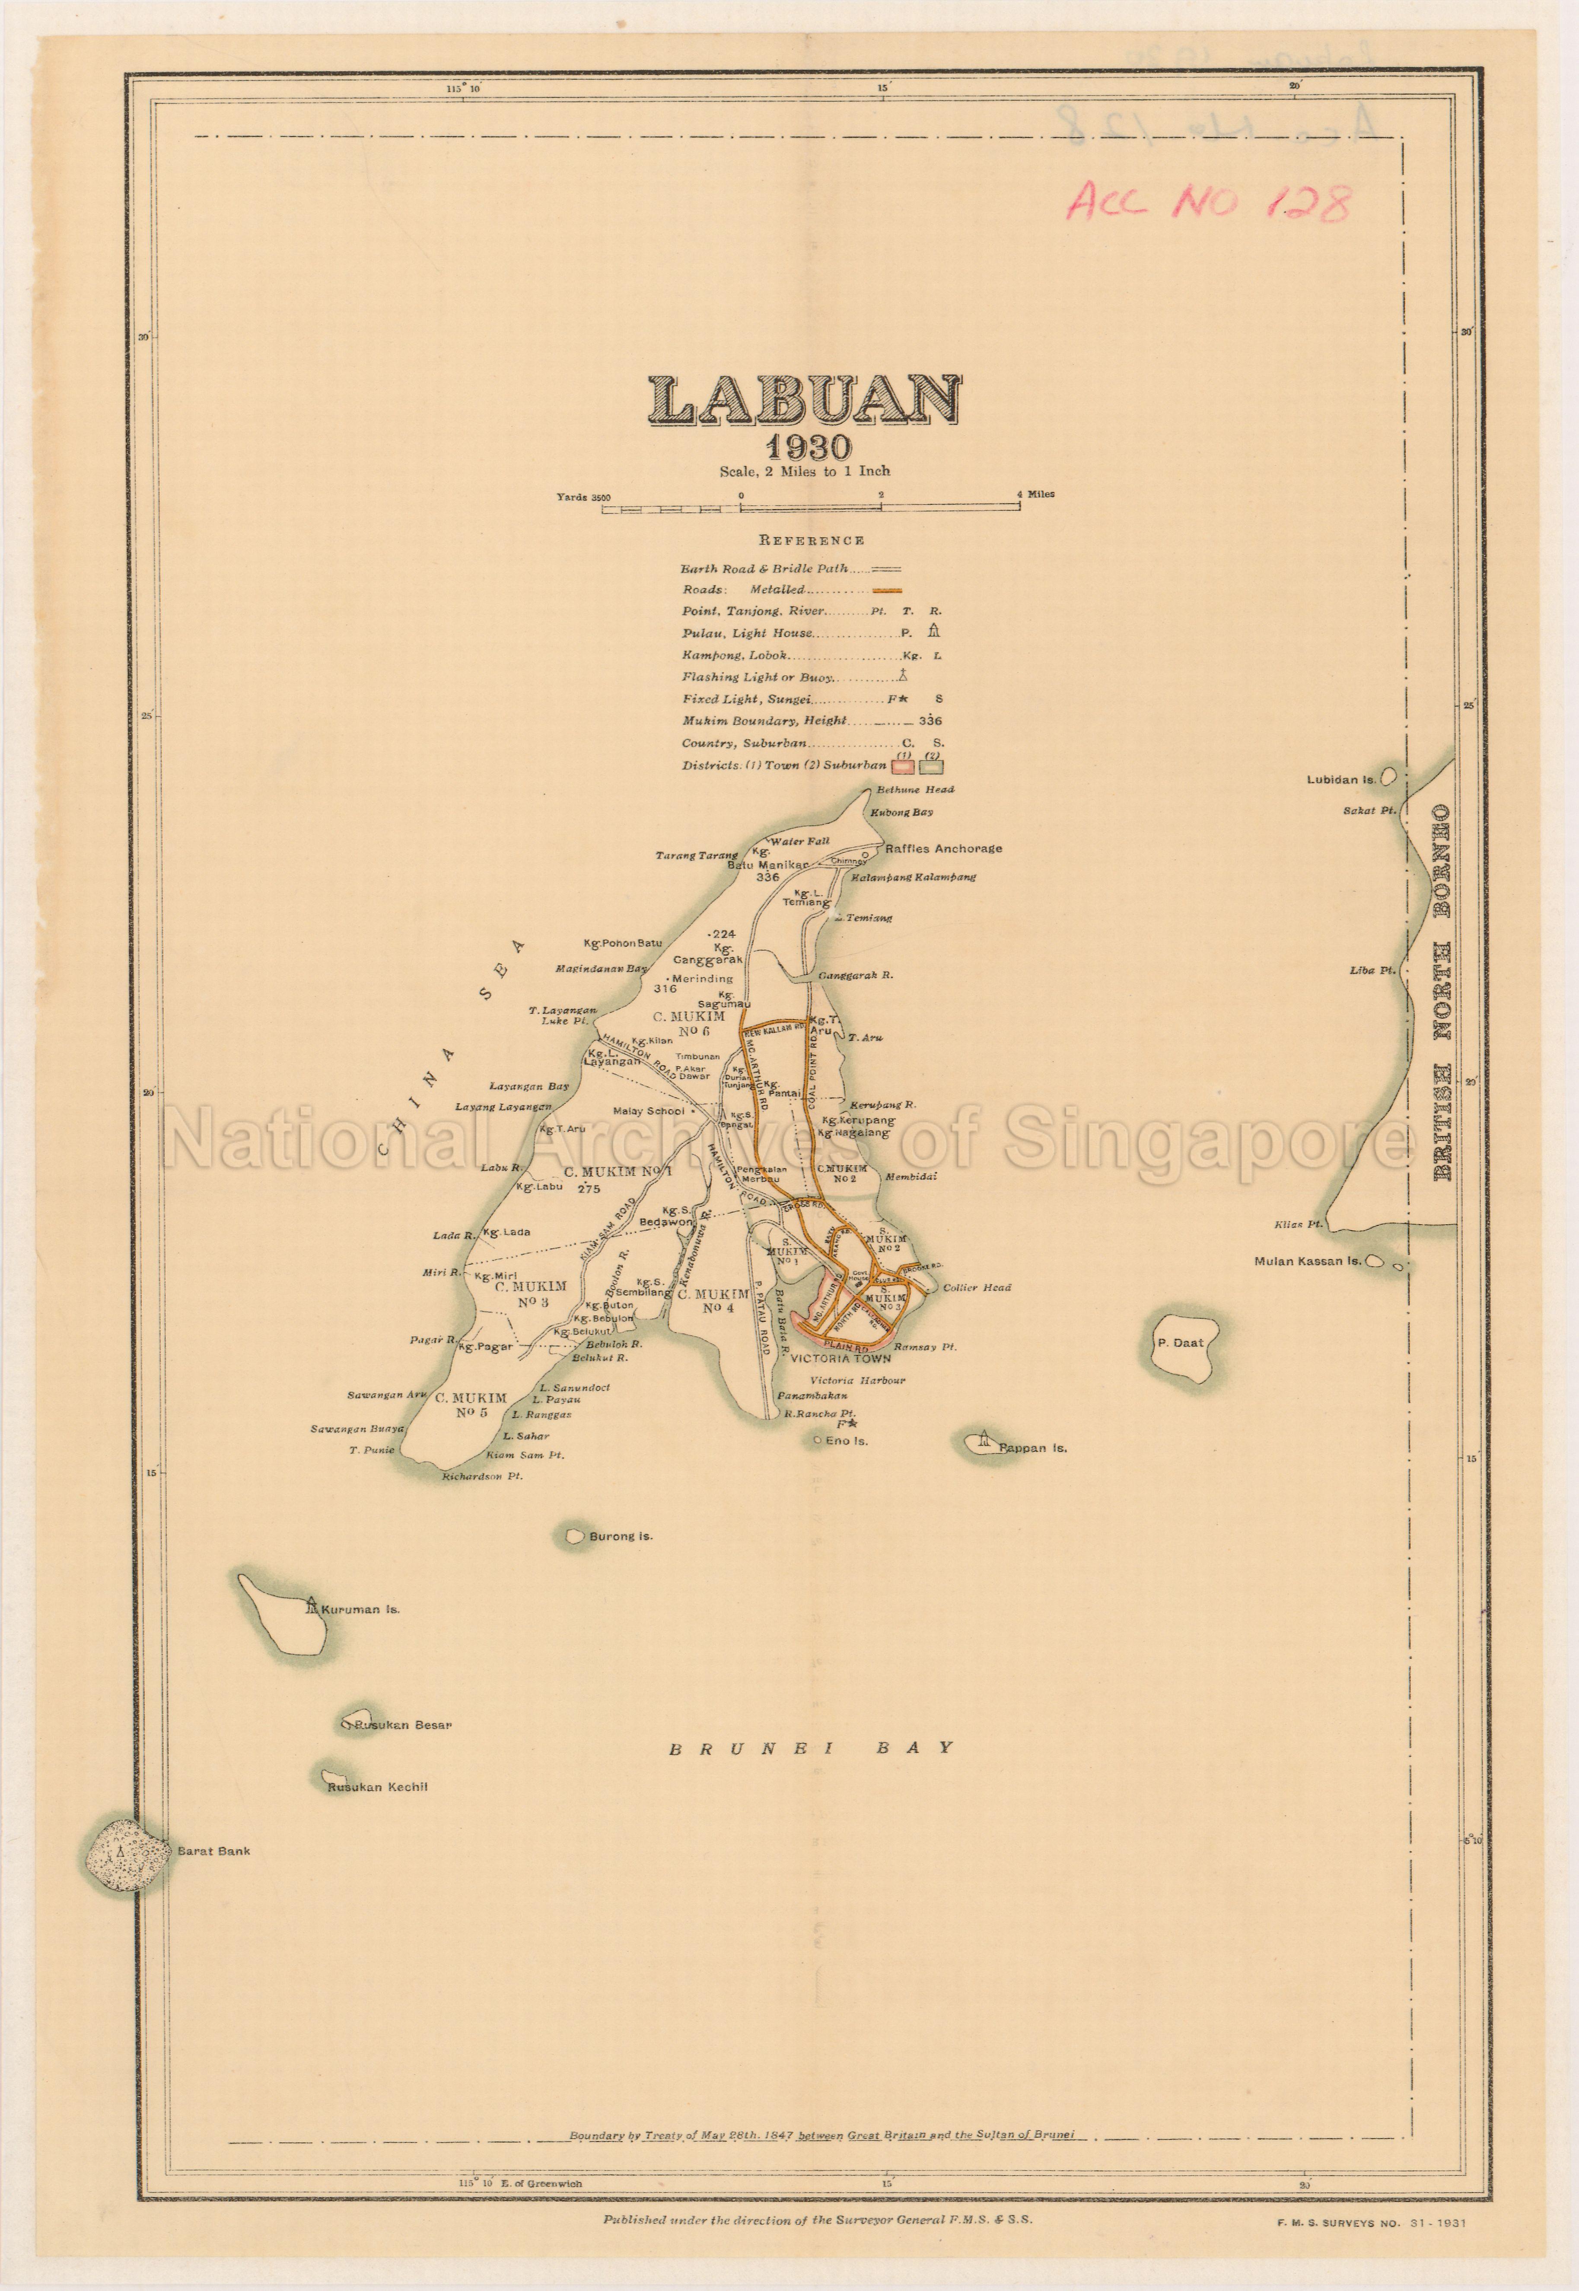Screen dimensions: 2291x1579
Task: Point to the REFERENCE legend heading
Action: (x=811, y=540)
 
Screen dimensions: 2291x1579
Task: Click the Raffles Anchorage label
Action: (x=943, y=848)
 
